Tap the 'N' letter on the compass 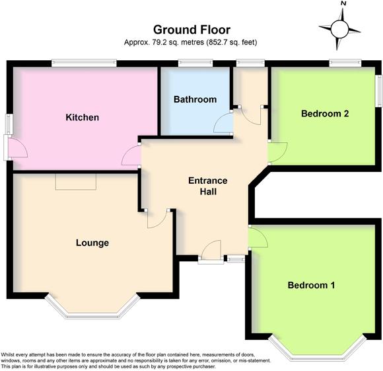click(343, 4)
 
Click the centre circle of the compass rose click(341, 29)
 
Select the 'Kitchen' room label click(82, 118)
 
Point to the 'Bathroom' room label click(195, 100)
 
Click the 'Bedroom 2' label click(324, 113)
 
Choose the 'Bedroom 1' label click(311, 285)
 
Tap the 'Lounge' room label click(92, 243)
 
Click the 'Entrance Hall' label click(207, 186)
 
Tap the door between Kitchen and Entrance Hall click(131, 157)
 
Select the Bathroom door click(223, 123)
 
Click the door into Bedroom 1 click(258, 237)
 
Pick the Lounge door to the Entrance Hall click(157, 219)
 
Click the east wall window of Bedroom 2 click(378, 89)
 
